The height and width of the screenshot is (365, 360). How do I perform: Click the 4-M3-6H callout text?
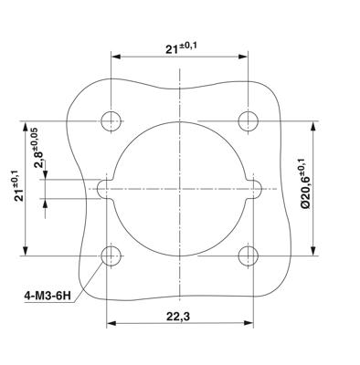click(48, 296)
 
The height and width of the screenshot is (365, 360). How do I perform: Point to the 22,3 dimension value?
click(178, 317)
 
